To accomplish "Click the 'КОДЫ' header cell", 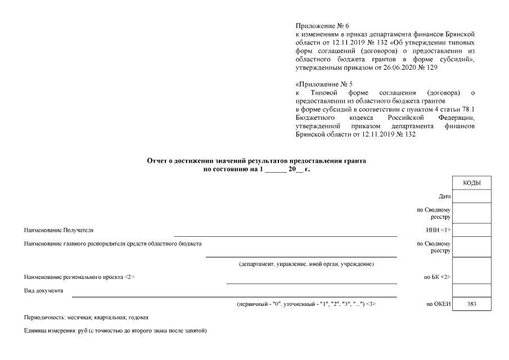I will (x=471, y=183).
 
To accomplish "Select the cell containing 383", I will (x=471, y=304).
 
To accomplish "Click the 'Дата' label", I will (x=444, y=196).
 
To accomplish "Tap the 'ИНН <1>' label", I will (x=439, y=229).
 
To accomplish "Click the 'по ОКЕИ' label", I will (x=439, y=304).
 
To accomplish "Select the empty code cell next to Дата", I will (x=471, y=196).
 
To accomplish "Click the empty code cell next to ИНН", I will (x=471, y=229).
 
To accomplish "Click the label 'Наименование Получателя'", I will (x=59, y=230).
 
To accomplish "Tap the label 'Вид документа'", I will (x=44, y=291).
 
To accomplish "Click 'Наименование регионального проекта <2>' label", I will (x=79, y=277).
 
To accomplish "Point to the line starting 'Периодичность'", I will (x=86, y=317).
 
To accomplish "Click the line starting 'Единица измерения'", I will (x=116, y=330).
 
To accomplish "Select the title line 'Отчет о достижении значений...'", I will (x=256, y=161).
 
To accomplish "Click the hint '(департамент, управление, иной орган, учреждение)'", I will (x=307, y=264).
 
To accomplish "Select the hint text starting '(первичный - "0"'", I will (x=307, y=304).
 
